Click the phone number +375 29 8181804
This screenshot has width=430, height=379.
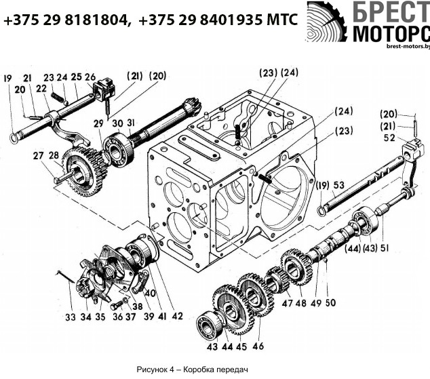(x=66, y=20)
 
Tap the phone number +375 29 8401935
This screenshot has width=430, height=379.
(x=201, y=20)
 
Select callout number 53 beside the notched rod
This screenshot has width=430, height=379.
(x=338, y=185)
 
